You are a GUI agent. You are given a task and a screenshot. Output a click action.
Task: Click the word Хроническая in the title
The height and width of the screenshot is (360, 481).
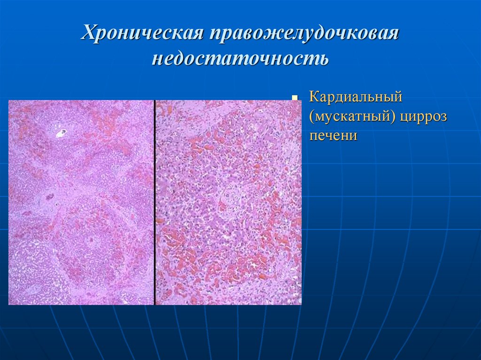click(142, 34)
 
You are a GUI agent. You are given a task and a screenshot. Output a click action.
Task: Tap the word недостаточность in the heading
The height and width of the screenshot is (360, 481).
click(240, 59)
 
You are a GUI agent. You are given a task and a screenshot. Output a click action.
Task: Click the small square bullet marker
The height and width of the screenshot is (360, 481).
click(295, 99)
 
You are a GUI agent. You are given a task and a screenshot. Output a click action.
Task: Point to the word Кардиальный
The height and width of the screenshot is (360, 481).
click(356, 98)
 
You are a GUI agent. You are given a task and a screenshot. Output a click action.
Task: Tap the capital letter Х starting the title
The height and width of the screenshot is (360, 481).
click(89, 34)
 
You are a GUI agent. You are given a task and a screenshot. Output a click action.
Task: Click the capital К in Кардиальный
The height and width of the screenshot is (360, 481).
click(314, 98)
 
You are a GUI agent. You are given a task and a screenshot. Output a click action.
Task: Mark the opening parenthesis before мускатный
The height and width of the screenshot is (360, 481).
click(311, 117)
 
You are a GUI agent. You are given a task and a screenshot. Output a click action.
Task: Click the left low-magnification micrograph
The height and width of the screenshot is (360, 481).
click(81, 202)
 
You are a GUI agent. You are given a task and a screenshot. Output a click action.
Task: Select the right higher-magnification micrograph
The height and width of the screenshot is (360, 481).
click(229, 202)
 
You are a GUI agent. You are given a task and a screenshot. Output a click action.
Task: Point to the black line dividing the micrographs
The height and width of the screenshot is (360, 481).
click(155, 202)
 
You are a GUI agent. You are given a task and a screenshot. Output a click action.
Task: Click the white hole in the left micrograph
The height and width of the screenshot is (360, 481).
click(61, 133)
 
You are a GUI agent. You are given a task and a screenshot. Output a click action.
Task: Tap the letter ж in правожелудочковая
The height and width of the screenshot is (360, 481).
click(279, 35)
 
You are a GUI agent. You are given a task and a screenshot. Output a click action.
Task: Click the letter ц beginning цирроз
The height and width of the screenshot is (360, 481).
click(405, 117)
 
